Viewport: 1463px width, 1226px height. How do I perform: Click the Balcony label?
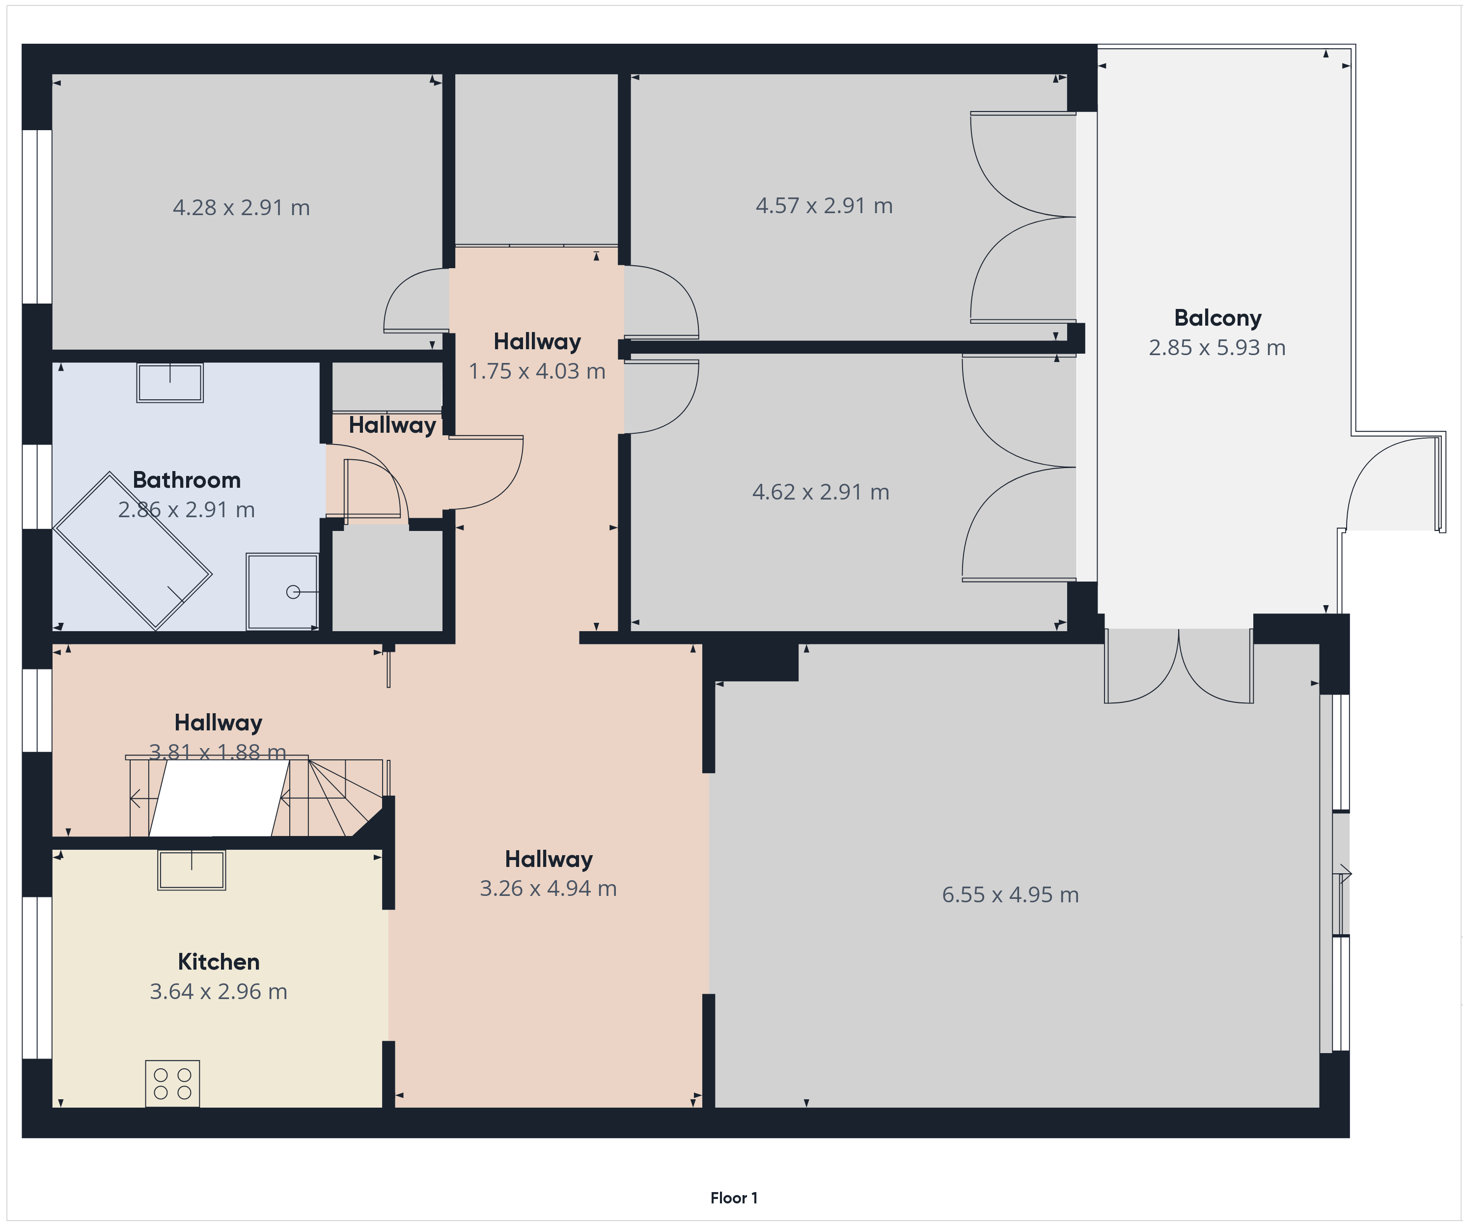pyautogui.click(x=1218, y=318)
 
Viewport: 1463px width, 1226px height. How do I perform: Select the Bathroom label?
pyautogui.click(x=187, y=479)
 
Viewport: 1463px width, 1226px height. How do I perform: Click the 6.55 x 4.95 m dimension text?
pyautogui.click(x=1010, y=894)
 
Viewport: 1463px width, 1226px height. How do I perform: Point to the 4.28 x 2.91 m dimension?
pyautogui.click(x=241, y=208)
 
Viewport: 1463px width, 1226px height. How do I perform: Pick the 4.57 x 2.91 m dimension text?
pyautogui.click(x=824, y=205)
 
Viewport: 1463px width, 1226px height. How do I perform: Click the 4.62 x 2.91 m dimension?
pyautogui.click(x=821, y=492)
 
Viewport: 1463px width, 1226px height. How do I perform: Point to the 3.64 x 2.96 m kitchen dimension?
pyautogui.click(x=219, y=991)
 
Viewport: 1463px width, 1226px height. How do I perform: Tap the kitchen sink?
pyautogui.click(x=192, y=870)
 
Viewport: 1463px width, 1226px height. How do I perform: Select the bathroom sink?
pyautogui.click(x=170, y=383)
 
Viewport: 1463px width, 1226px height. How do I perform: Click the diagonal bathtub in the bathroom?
pyautogui.click(x=133, y=551)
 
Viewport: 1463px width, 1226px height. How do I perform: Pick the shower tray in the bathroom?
pyautogui.click(x=282, y=591)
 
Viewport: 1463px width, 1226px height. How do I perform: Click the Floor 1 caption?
pyautogui.click(x=734, y=1198)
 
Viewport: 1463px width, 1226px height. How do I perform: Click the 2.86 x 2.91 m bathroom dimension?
pyautogui.click(x=187, y=509)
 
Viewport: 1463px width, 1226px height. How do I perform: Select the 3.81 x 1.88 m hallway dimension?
pyautogui.click(x=218, y=752)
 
